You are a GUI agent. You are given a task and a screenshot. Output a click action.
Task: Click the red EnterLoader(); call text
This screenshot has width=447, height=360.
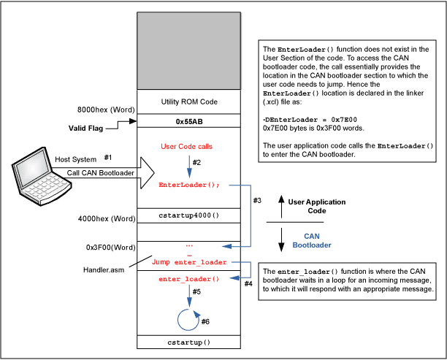click(x=188, y=185)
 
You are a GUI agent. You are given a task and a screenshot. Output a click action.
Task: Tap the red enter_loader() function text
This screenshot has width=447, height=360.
click(x=188, y=279)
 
